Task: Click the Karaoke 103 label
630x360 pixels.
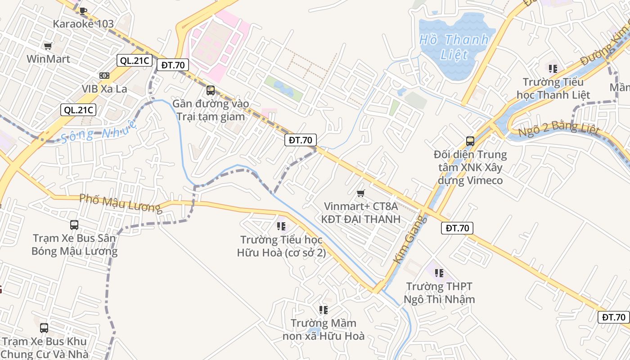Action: coord(83,24)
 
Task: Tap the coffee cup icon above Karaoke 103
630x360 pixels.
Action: coord(82,11)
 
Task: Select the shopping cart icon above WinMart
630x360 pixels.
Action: coord(48,46)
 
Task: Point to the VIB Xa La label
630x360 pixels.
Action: coord(104,89)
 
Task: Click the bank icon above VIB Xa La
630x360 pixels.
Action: coord(104,76)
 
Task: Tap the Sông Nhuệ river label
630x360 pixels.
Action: coord(98,131)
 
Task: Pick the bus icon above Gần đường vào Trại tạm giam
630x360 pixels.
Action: coord(210,90)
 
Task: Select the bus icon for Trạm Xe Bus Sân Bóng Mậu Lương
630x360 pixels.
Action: coord(74,225)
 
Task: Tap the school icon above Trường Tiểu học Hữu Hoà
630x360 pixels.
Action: coord(281,226)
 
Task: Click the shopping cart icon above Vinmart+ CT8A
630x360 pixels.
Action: coord(360,193)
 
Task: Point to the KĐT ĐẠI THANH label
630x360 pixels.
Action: coord(360,219)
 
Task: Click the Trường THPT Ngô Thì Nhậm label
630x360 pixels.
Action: coord(439,292)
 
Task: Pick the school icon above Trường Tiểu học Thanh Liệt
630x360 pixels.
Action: coord(553,69)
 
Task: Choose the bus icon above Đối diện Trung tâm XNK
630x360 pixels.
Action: coord(470,141)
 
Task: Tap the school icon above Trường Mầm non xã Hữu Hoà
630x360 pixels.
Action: coord(324,310)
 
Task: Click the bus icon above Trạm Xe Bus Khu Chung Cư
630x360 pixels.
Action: coord(44,328)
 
